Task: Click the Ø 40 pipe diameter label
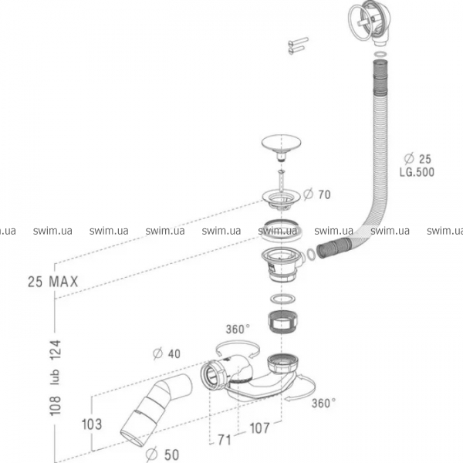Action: click(167, 354)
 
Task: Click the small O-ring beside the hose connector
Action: click(308, 252)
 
